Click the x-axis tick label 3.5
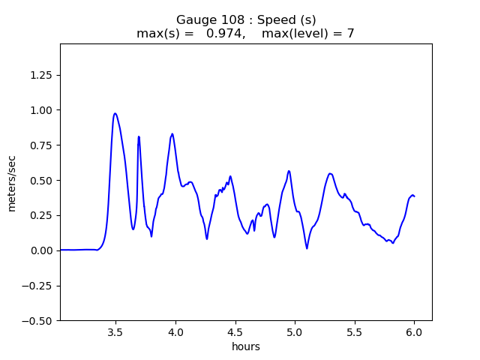pos(115,332)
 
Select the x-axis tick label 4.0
pos(175,332)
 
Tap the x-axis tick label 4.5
pos(235,332)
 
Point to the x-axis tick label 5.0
pos(295,332)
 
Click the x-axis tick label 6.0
pos(414,332)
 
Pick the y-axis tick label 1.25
pos(42,75)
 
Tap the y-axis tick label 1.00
pos(42,110)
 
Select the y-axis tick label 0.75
pos(42,145)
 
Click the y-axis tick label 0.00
pos(42,250)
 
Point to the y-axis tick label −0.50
pos(38,320)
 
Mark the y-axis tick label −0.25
pos(38,286)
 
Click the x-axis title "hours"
pos(246,346)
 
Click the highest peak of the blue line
pos(115,113)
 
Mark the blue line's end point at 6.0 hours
pos(414,196)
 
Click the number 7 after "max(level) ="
pos(350,33)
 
